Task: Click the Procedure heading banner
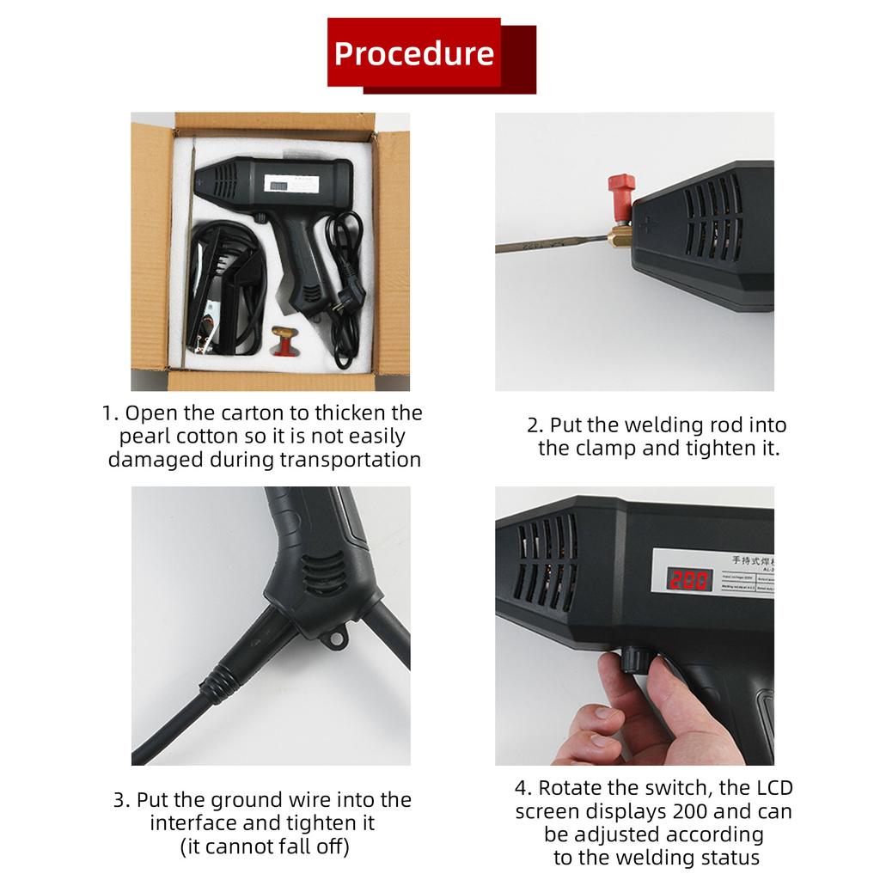coord(414,52)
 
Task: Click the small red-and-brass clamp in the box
coord(281,341)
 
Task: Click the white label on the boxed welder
coord(287,183)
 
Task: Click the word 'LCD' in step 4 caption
coord(771,787)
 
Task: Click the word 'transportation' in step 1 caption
coord(350,459)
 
